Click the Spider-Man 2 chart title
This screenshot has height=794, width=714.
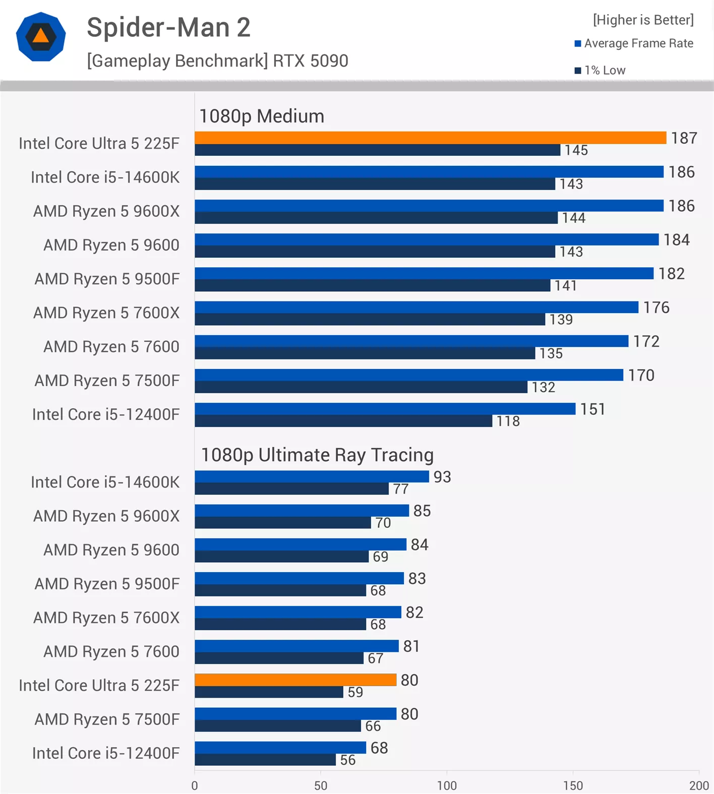168,27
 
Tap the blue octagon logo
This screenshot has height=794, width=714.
41,37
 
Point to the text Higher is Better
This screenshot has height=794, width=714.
643,20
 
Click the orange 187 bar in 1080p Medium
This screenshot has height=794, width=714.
430,138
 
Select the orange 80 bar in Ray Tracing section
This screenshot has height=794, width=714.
295,680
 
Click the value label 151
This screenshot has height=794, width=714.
592,409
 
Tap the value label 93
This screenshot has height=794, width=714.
442,477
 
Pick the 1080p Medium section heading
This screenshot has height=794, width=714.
262,116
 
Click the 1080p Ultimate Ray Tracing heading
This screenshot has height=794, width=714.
317,455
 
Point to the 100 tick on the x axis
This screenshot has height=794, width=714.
447,785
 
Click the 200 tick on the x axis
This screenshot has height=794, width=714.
699,785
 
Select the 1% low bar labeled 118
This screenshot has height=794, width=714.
343,421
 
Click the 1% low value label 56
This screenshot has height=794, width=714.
348,760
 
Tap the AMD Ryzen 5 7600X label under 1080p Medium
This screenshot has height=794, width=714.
106,313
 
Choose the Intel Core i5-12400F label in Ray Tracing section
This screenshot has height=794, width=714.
106,753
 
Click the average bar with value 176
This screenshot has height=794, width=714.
416,307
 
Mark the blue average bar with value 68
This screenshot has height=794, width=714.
280,747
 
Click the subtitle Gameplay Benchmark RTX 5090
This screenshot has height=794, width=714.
217,61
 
